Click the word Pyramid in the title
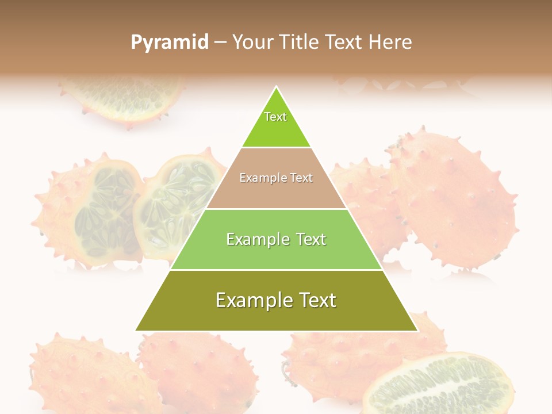[170, 43]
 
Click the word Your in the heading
[253, 42]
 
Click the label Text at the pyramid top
[275, 117]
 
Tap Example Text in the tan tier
[276, 178]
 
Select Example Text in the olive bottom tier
[276, 300]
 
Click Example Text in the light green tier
[276, 239]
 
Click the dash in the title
[220, 43]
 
